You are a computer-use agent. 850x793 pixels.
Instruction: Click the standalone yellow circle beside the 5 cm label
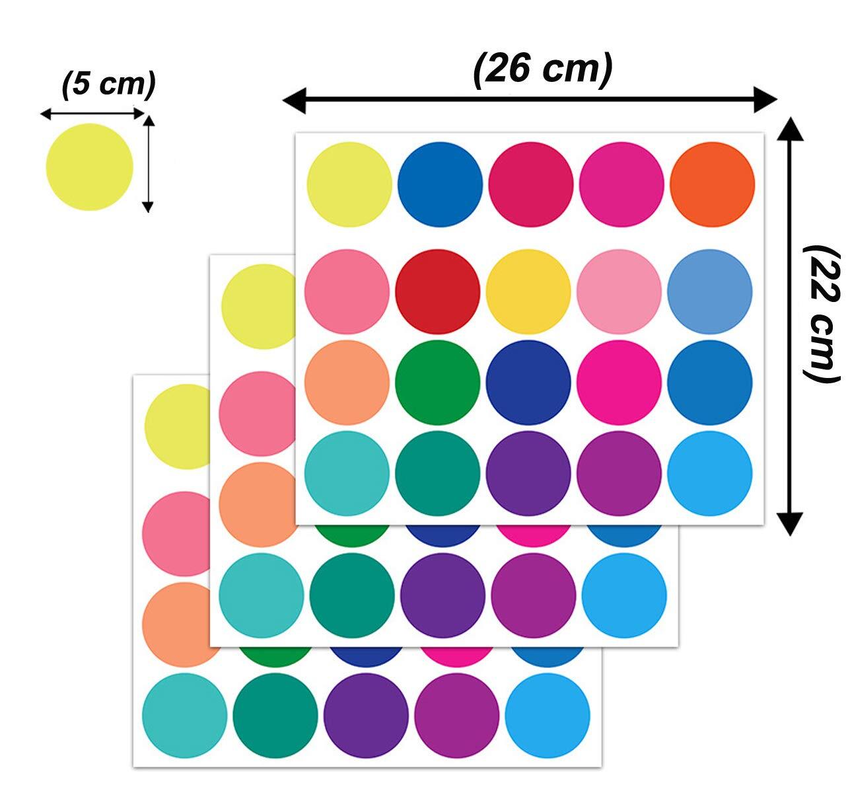[89, 167]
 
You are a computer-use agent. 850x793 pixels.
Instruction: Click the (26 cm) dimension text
[543, 69]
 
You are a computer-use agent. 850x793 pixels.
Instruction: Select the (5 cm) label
[108, 85]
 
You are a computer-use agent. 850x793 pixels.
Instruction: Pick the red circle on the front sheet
[437, 291]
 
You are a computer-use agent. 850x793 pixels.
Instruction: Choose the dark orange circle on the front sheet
[712, 184]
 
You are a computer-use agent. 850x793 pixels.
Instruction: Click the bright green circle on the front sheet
[437, 382]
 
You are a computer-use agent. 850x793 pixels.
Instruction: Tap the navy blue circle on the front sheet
[528, 382]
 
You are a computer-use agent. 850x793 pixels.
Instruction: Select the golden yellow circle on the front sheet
[528, 291]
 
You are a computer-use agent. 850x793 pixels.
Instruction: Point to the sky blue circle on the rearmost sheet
[548, 715]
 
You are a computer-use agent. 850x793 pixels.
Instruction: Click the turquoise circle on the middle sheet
[262, 595]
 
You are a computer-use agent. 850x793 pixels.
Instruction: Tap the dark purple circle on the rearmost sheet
[366, 715]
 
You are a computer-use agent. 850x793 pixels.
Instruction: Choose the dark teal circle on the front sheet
[437, 473]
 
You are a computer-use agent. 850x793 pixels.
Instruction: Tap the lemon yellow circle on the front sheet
[349, 184]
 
